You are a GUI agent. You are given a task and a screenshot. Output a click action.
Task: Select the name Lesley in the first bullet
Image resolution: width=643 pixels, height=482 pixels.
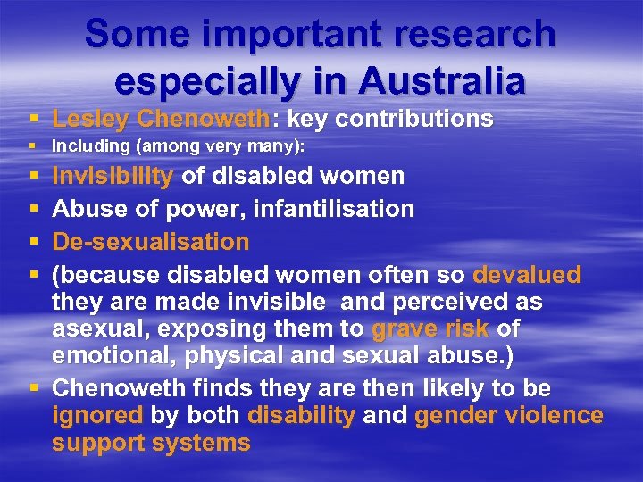pos(91,119)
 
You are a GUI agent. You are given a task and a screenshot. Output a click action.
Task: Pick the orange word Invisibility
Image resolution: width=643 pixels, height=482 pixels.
pos(113,176)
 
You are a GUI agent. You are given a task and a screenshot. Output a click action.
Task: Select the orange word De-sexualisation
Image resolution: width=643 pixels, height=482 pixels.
pos(151,242)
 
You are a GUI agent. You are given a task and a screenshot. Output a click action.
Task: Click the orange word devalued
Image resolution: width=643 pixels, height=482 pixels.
pos(527,274)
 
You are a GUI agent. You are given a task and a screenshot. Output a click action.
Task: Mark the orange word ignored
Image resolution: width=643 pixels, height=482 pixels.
pos(97,415)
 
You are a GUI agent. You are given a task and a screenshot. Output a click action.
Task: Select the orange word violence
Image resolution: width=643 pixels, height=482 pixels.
pos(553,415)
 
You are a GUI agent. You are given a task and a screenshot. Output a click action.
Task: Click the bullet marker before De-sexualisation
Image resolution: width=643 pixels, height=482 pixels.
pos(33,242)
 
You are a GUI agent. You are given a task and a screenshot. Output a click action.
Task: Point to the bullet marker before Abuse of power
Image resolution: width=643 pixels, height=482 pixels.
pos(33,209)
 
